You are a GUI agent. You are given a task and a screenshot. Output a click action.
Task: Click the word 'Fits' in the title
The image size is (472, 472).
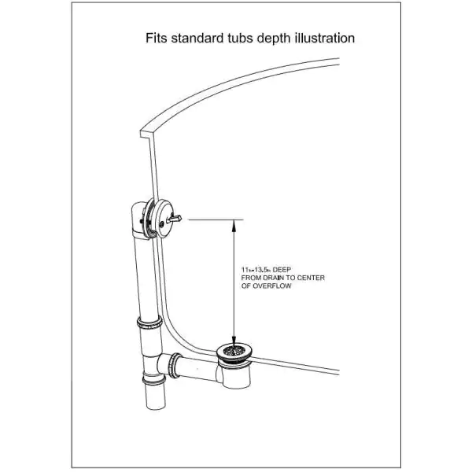pos(157,39)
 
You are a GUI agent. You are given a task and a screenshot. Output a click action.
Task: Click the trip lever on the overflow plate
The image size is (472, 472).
pos(175,218)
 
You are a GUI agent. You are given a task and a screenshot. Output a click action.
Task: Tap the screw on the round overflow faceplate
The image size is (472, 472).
pos(162,224)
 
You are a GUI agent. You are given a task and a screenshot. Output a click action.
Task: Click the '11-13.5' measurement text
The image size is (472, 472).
pos(255,270)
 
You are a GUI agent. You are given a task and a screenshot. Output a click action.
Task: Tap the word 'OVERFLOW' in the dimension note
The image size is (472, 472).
pos(272,286)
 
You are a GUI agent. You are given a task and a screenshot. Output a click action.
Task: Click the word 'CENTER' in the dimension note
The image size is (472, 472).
pos(312,278)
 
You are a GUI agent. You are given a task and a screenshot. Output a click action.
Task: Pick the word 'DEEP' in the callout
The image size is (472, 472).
pos(282,270)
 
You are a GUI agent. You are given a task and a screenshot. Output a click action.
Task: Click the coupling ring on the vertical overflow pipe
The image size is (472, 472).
pos(149,323)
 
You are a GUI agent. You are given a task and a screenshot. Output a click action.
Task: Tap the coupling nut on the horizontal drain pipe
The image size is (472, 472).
pos(175,365)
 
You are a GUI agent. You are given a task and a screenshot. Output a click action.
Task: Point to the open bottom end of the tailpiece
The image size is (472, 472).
pos(156,404)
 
